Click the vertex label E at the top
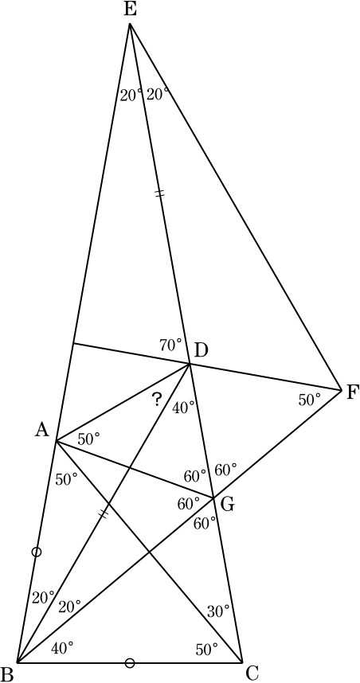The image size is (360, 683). (130, 10)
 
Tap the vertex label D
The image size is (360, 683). (202, 349)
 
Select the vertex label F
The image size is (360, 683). (351, 393)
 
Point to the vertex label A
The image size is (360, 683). (42, 431)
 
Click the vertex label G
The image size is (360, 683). (229, 505)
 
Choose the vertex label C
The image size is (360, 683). (252, 673)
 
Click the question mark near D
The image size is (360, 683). (158, 400)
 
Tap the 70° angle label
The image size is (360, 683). (170, 345)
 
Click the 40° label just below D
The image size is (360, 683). (182, 408)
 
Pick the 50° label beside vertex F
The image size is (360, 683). (310, 400)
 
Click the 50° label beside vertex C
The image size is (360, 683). (206, 650)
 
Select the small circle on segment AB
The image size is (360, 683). (37, 552)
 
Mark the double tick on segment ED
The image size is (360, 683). (159, 194)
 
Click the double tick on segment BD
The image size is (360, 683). (104, 514)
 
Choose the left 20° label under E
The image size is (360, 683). (131, 95)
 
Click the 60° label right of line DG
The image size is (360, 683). (225, 470)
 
